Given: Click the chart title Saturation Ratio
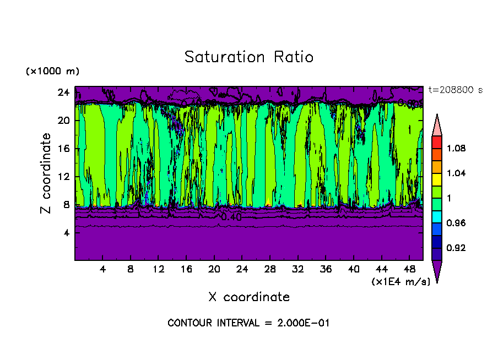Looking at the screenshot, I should coord(248,57).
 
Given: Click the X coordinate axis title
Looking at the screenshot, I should coord(248,297).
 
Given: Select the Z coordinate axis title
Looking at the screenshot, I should coord(46,173).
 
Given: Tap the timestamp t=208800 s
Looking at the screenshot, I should coord(455,90).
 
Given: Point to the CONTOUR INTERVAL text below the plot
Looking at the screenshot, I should coord(248,323).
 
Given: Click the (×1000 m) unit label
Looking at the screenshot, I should coord(52,72).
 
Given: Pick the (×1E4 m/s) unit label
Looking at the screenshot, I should coord(400,282).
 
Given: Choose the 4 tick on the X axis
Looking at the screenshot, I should coord(103,270).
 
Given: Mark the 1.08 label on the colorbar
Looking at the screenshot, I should coord(456,149).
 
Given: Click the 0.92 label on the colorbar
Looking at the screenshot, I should coord(456,248).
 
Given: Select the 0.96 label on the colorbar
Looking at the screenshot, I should coord(456,223).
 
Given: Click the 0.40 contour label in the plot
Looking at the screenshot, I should coord(231,217).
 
